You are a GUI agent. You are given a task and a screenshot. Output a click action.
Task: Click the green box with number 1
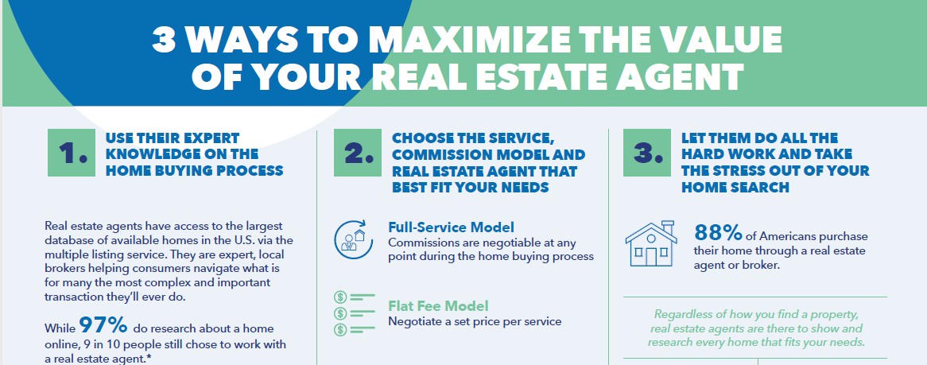[72, 153]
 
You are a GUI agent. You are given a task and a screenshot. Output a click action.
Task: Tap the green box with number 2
[358, 153]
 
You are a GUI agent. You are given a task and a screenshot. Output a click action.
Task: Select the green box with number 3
[647, 153]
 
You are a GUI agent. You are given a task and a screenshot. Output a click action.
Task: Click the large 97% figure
[103, 325]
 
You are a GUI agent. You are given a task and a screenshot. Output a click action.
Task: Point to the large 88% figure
[719, 233]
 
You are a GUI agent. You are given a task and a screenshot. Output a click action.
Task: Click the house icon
[651, 244]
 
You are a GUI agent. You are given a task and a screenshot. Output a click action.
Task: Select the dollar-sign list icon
[354, 313]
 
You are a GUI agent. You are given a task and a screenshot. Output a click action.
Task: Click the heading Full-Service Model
[451, 227]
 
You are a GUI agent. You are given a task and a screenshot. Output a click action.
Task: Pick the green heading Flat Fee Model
[438, 306]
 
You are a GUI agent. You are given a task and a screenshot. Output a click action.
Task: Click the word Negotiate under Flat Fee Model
[412, 322]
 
